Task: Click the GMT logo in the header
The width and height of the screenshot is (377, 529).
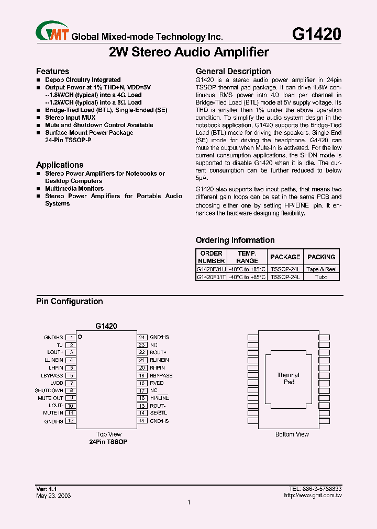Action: [52, 32]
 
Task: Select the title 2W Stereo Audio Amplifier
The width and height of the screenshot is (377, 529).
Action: [188, 52]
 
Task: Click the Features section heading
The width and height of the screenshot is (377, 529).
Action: [52, 71]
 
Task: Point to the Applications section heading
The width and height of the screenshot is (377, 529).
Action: [60, 165]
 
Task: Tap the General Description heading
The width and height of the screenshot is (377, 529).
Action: [233, 71]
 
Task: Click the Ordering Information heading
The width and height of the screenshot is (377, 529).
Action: [235, 240]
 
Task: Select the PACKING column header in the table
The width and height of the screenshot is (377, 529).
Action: [321, 257]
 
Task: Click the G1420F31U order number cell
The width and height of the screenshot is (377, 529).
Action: [211, 269]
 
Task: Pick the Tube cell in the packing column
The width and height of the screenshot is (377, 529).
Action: [321, 277]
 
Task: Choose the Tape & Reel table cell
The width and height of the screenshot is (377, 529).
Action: [321, 269]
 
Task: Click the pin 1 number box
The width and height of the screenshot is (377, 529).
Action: [70, 338]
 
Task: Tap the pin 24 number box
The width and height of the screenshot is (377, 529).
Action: [141, 338]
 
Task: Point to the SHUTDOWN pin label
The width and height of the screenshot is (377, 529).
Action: [49, 390]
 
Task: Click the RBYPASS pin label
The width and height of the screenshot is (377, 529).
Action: [161, 375]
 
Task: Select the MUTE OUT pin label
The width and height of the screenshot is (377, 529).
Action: [50, 398]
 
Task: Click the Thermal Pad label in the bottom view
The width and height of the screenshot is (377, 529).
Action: [289, 378]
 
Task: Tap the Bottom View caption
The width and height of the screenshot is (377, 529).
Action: [292, 434]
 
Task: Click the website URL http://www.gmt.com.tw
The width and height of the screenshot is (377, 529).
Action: [313, 496]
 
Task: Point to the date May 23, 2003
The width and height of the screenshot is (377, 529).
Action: [53, 496]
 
